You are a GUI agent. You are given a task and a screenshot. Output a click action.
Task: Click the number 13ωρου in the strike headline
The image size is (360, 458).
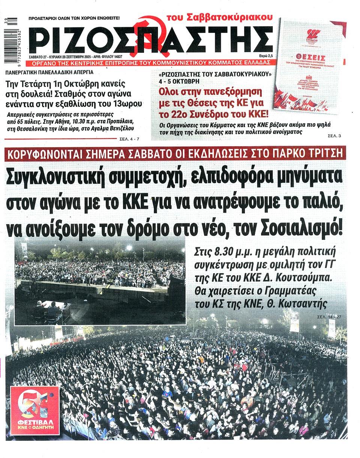(x=127, y=103)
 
